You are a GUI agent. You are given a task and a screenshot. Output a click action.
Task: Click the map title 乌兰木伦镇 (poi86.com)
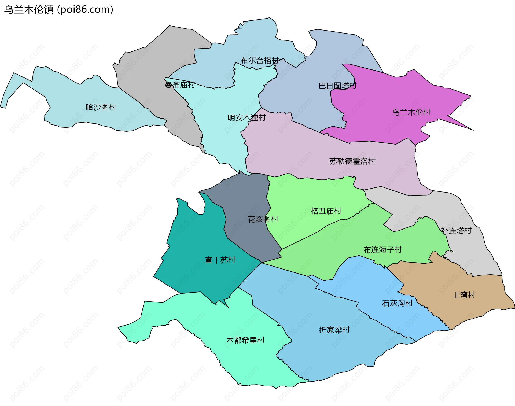tap(58, 10)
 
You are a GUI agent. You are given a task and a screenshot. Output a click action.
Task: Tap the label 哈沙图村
tap(101, 107)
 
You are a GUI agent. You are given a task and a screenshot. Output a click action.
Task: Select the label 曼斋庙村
tap(180, 85)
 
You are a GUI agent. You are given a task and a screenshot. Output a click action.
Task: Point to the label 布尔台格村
tap(260, 61)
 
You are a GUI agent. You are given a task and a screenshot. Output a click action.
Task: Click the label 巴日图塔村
tap(337, 86)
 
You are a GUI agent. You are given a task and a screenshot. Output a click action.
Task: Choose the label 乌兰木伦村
tap(411, 112)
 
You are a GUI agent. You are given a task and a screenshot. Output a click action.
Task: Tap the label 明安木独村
tap(247, 118)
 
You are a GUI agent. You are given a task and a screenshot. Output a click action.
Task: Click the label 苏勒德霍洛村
tap(352, 161)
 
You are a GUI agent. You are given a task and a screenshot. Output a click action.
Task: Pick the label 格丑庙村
tap(326, 211)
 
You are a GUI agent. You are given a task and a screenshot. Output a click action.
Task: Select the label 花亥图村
tap(263, 219)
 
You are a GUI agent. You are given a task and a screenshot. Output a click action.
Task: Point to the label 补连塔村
tap(456, 231)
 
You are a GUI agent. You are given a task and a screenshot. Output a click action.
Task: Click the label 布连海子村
tap(382, 250)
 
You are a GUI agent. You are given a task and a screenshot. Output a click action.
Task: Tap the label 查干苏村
tap(220, 260)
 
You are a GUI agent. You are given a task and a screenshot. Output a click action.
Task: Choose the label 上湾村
tap(464, 295)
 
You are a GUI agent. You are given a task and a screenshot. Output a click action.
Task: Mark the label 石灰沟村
tap(397, 303)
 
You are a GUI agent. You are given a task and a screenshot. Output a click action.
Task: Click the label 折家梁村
tap(334, 330)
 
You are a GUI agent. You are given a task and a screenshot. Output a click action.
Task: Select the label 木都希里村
tap(245, 340)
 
